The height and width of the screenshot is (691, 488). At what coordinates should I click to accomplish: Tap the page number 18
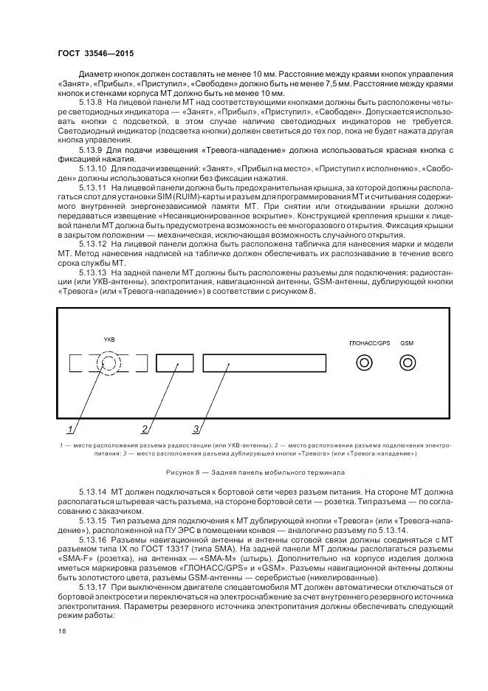point(61,632)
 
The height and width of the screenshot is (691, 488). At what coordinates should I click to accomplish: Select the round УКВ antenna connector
point(109,363)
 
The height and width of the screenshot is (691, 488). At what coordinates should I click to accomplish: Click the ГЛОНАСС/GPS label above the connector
point(368,343)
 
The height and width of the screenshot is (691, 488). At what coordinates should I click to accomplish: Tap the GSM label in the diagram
point(407,343)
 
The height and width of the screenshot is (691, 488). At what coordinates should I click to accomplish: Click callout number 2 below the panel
point(145,428)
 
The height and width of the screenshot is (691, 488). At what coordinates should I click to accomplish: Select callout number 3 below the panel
point(196,428)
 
